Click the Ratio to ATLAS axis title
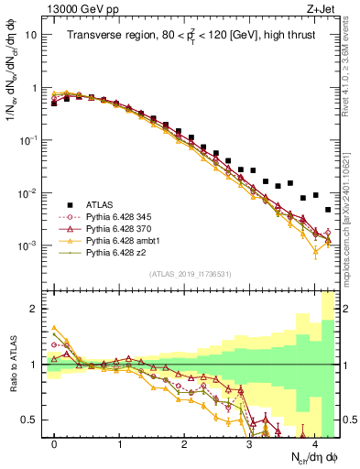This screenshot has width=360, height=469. click(16, 365)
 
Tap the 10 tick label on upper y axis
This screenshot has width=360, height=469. click(30, 34)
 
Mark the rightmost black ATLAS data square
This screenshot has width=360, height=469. click(328, 211)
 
